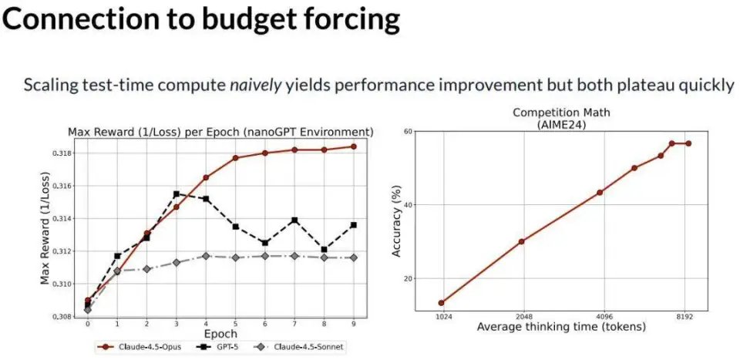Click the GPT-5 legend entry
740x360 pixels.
(x=219, y=348)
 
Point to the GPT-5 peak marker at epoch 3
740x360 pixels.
(x=177, y=194)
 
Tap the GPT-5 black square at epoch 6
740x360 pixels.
(x=264, y=243)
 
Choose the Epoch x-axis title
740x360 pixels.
(x=220, y=334)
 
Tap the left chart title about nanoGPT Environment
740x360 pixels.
(x=220, y=133)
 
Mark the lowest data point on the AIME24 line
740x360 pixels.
(x=442, y=303)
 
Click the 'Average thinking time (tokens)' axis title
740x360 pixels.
(x=561, y=327)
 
